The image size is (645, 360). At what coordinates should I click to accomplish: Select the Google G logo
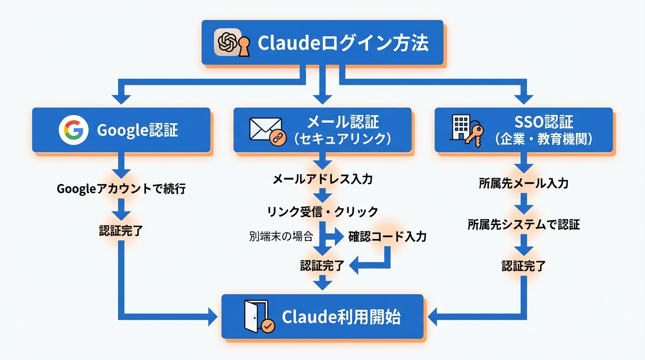(74, 130)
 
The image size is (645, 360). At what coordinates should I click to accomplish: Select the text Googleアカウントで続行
(121, 189)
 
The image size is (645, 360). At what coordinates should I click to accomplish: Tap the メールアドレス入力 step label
(322, 179)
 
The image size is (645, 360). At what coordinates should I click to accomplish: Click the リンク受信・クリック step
(322, 212)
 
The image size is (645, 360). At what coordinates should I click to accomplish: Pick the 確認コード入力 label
(387, 237)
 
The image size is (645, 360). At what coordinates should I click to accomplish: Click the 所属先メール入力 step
(524, 183)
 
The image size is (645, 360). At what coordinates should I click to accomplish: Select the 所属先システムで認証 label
(524, 225)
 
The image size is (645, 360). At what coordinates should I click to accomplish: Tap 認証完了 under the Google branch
(121, 231)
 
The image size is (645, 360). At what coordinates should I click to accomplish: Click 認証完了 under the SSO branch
(524, 266)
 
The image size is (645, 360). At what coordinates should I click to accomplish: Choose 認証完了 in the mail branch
(322, 266)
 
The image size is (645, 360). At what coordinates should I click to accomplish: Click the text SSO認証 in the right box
(544, 122)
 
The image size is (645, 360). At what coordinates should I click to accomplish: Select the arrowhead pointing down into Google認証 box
(121, 98)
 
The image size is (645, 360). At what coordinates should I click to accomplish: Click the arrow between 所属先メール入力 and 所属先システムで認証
(524, 204)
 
